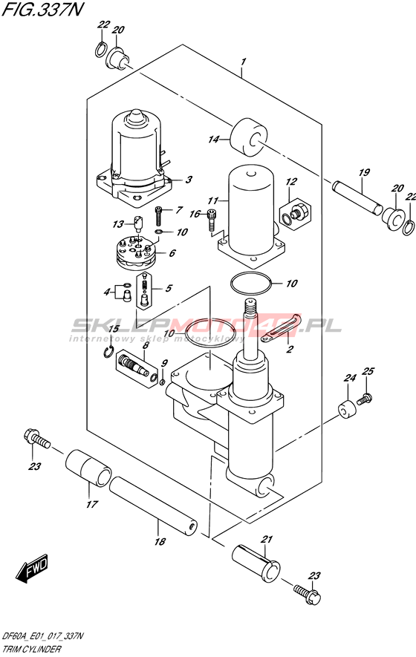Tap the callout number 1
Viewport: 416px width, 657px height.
tap(243, 63)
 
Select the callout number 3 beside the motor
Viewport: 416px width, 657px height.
tap(189, 180)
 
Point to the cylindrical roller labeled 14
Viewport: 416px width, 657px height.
tap(249, 138)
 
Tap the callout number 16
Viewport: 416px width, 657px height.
tap(195, 214)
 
